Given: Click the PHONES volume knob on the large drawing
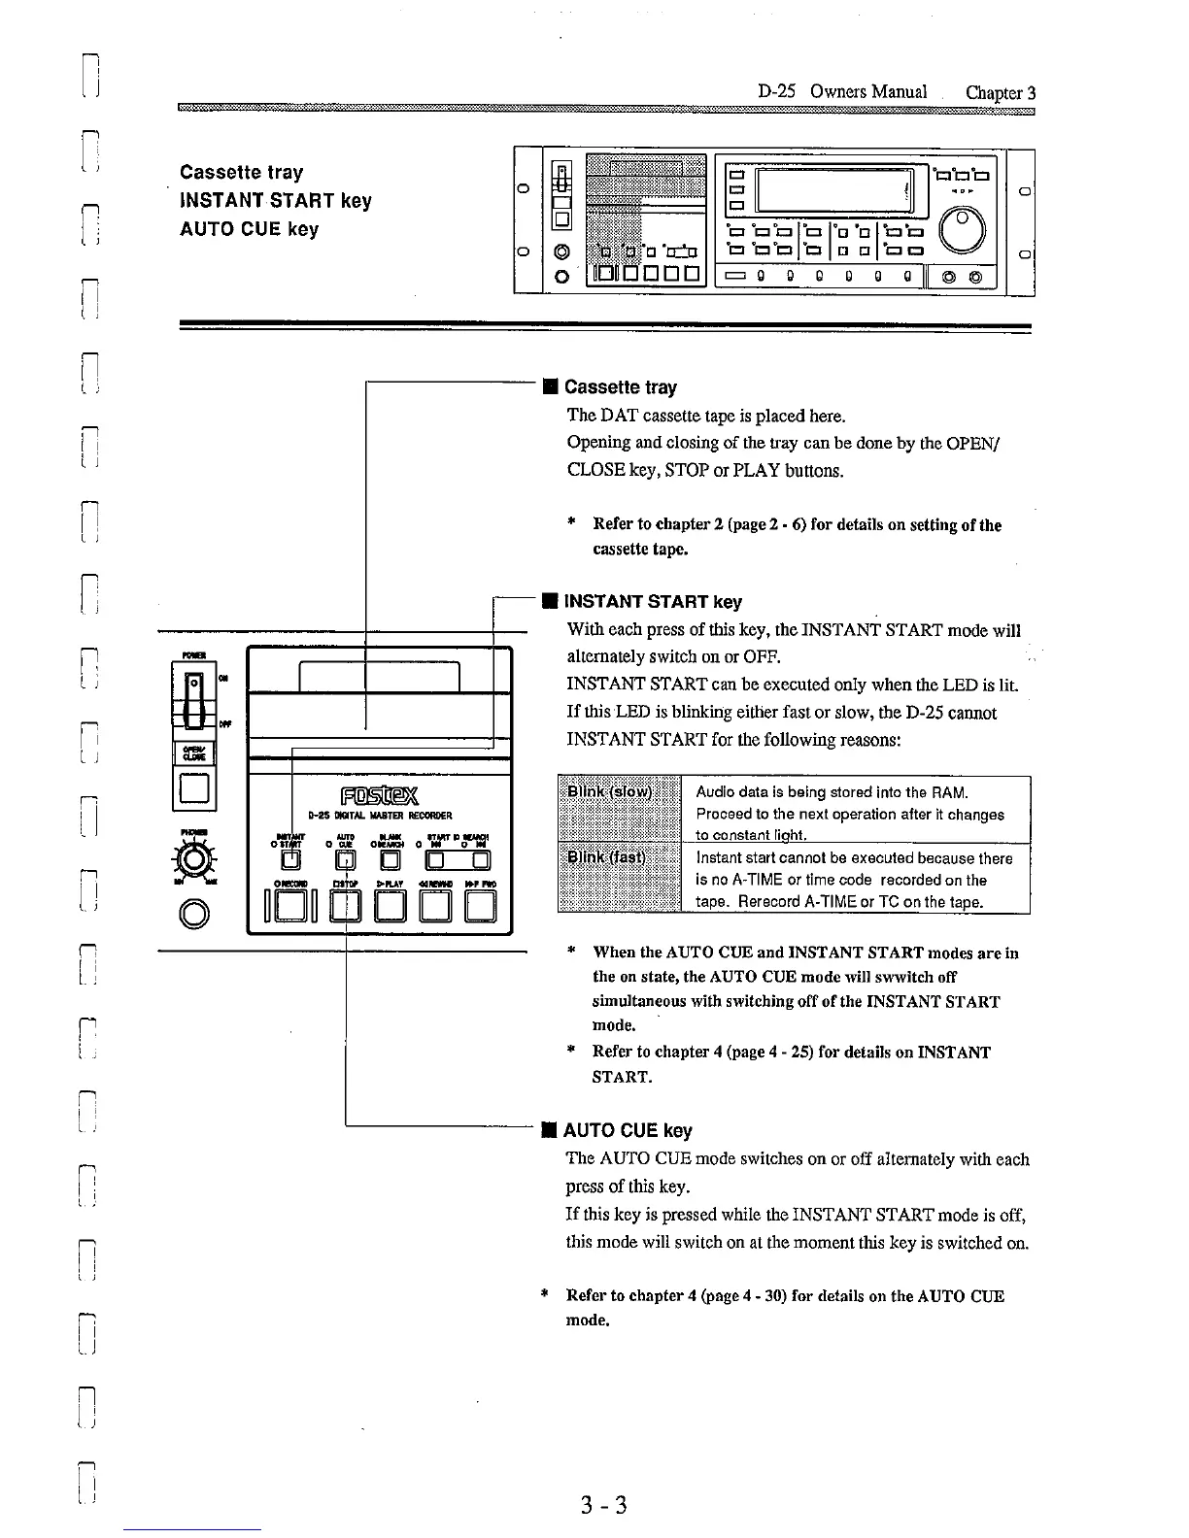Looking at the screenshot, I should (x=195, y=858).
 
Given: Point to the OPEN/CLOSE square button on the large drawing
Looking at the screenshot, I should (x=193, y=790).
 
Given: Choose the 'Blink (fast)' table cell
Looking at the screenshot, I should (x=619, y=879).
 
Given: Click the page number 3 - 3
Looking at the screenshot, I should (x=603, y=1505).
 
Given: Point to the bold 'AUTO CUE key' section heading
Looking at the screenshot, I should (x=628, y=1130).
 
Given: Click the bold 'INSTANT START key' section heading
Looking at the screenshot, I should (x=653, y=602).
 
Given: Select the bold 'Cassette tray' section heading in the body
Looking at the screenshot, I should (x=620, y=387).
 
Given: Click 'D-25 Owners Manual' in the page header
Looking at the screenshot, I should (x=842, y=92).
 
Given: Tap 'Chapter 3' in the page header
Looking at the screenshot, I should (x=1001, y=93).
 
